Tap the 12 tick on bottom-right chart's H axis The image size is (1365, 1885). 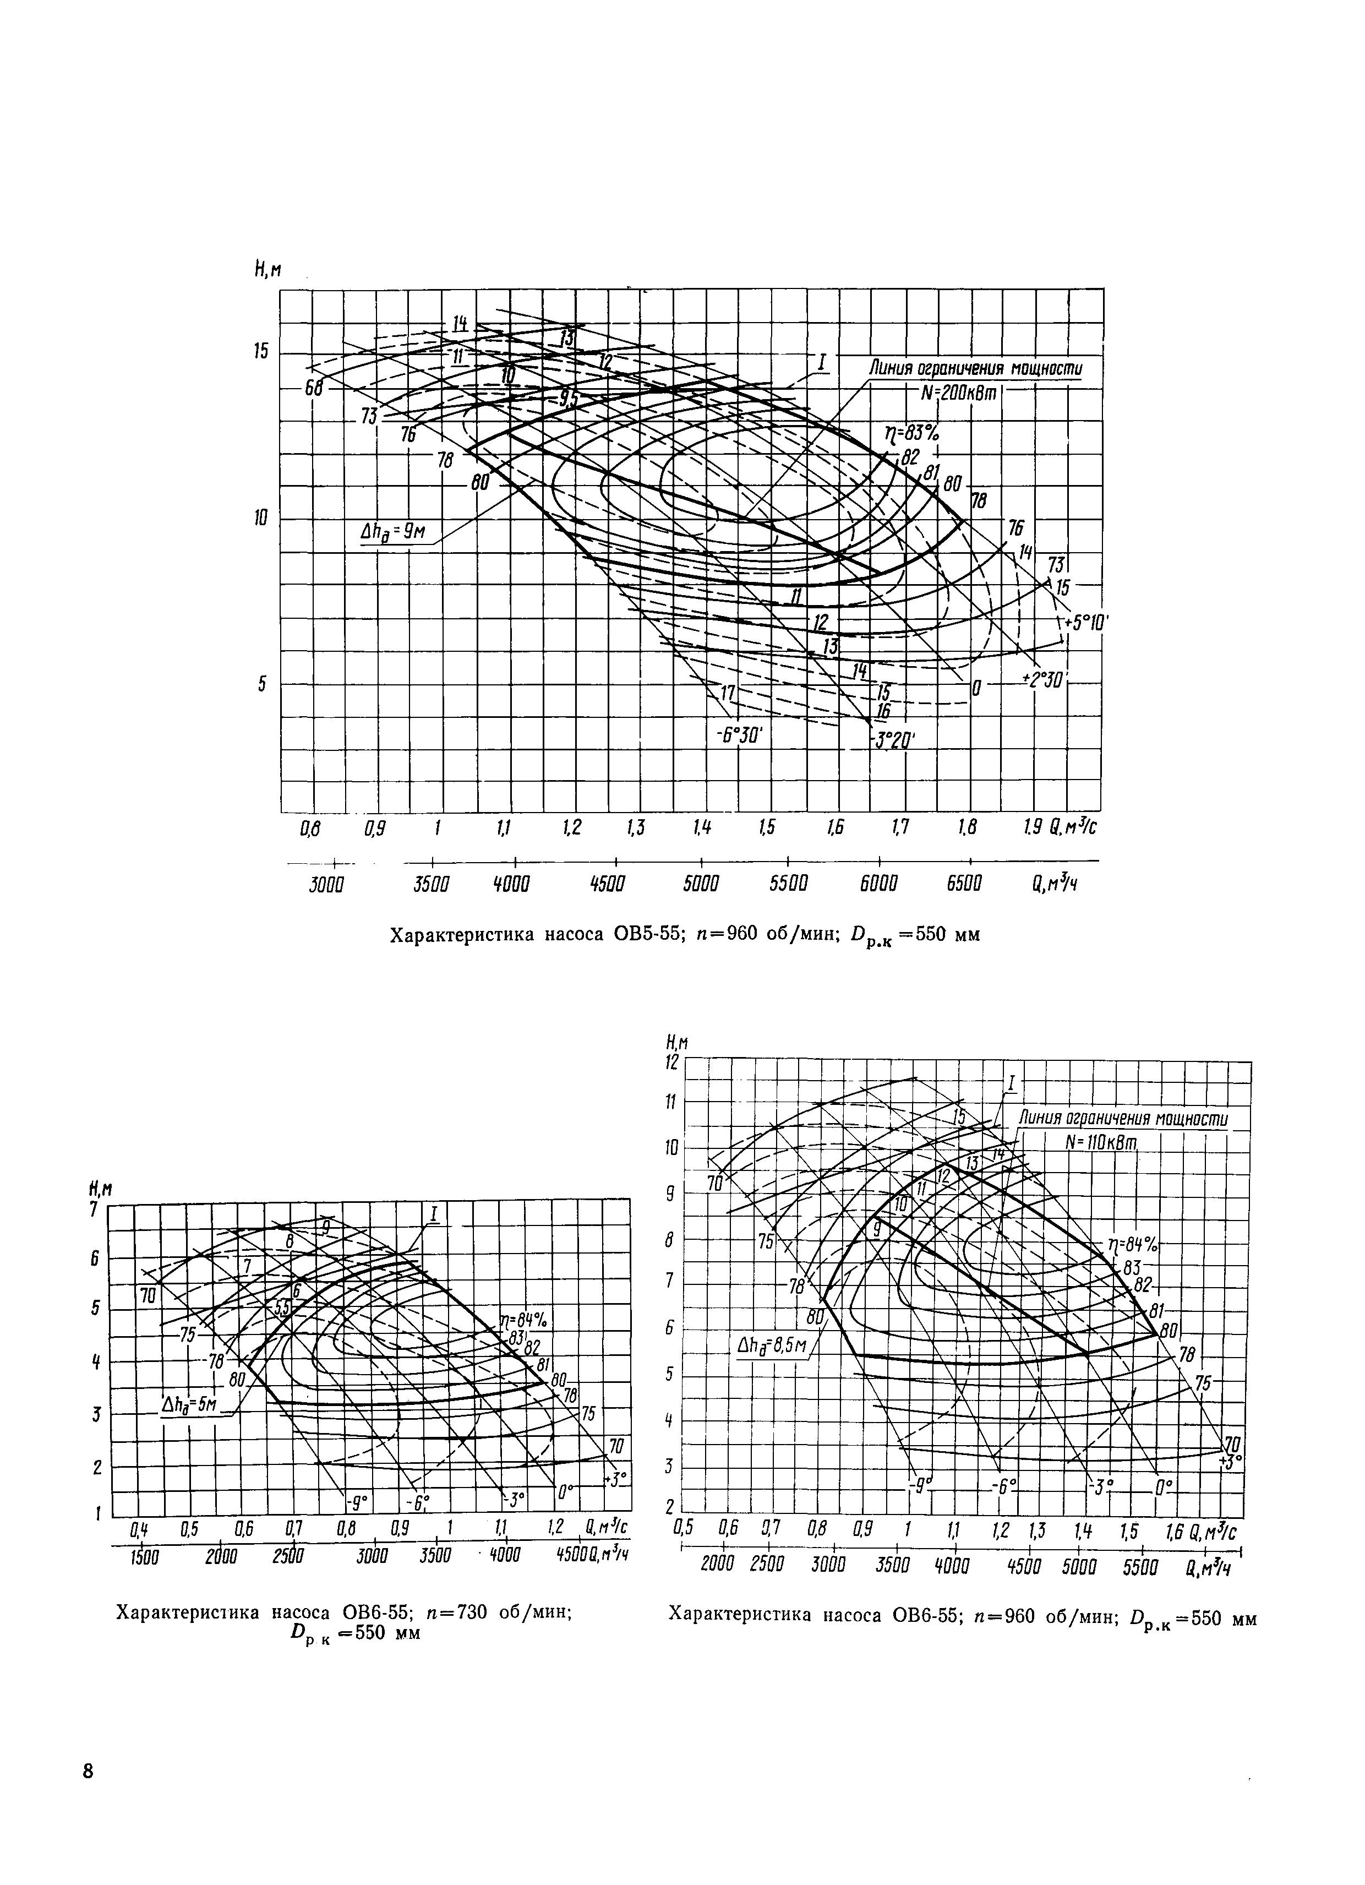click(671, 1062)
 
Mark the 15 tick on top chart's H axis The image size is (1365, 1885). click(261, 352)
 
